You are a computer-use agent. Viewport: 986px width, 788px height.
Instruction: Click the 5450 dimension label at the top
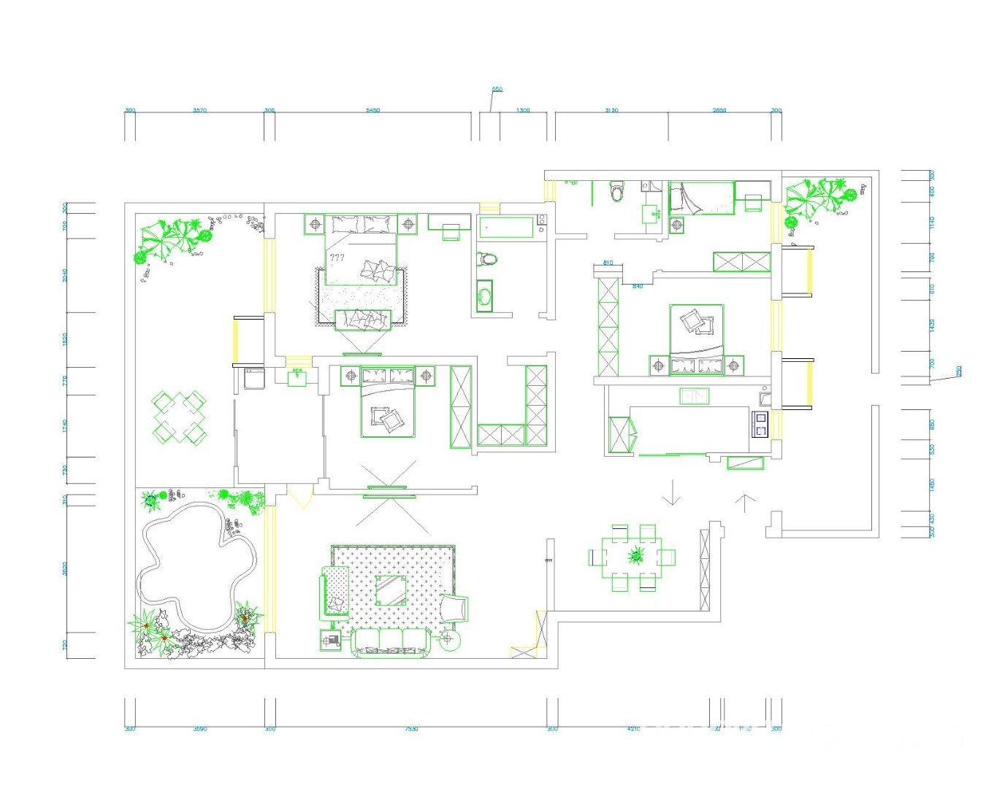pyautogui.click(x=372, y=110)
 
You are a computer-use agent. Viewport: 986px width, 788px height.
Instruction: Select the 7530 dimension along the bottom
pyautogui.click(x=410, y=729)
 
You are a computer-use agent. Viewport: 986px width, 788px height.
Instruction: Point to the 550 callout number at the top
pyautogui.click(x=497, y=90)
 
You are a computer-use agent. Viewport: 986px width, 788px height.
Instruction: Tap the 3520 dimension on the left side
pyautogui.click(x=65, y=569)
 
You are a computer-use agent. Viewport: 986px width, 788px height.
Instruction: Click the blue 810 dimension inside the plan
pyautogui.click(x=608, y=263)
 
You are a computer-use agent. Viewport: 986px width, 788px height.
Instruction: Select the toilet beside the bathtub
pyautogui.click(x=487, y=258)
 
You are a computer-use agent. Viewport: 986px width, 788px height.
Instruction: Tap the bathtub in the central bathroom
pyautogui.click(x=507, y=228)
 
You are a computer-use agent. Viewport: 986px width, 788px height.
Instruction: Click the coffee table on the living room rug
pyautogui.click(x=391, y=590)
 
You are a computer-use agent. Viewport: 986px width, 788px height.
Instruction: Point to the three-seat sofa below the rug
pyautogui.click(x=391, y=642)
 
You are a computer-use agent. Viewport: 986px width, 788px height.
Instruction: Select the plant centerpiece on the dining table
pyautogui.click(x=637, y=556)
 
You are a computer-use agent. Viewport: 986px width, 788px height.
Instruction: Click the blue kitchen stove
pyautogui.click(x=760, y=423)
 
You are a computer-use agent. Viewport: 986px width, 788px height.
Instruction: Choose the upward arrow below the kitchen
pyautogui.click(x=744, y=503)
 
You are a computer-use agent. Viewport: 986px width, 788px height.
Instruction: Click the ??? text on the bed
pyautogui.click(x=337, y=258)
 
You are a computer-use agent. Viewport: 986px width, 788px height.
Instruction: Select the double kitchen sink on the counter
pyautogui.click(x=694, y=396)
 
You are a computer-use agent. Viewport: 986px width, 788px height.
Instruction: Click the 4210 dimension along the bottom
pyautogui.click(x=633, y=729)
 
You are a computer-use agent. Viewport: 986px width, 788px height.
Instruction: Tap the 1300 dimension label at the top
pyautogui.click(x=523, y=110)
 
